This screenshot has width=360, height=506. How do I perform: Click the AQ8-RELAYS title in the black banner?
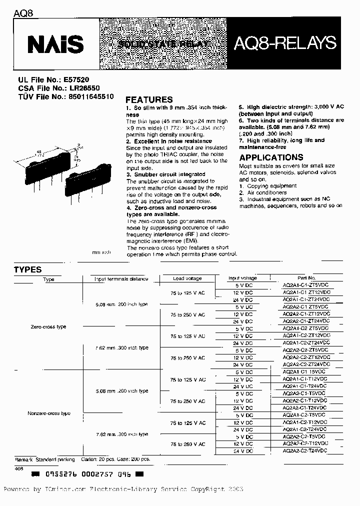286,44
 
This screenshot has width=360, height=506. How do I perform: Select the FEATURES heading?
149,99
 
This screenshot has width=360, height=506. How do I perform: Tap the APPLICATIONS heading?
271,157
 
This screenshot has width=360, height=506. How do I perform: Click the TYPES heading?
27,269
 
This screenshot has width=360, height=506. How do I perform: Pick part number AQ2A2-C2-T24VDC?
305,450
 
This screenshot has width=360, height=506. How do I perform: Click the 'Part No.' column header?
306,278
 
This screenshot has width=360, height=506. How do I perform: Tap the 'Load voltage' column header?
187,278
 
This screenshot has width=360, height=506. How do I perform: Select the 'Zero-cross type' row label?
48,326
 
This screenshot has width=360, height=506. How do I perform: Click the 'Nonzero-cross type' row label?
49,413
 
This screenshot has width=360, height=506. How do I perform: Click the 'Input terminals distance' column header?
121,279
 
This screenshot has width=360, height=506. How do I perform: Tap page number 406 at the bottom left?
18,468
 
